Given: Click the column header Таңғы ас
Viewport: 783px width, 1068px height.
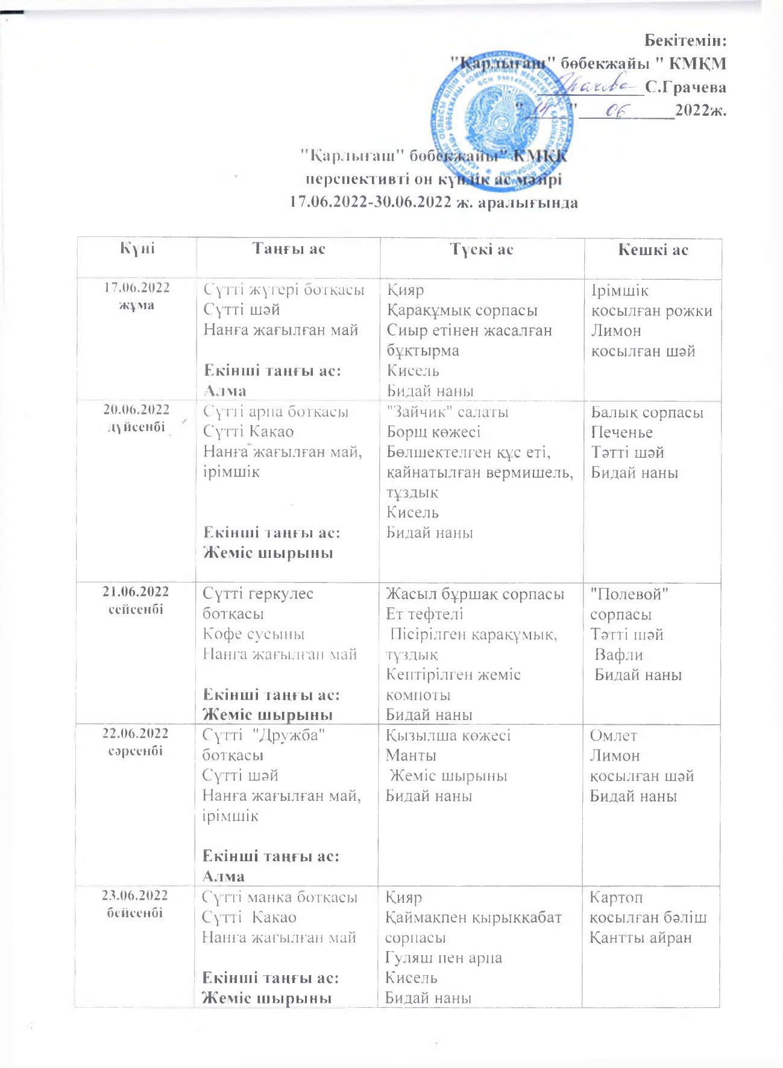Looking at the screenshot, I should point(289,248).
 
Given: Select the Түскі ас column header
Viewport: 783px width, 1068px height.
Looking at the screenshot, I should point(482,249).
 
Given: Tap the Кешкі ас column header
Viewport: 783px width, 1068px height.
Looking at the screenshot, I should point(653,250).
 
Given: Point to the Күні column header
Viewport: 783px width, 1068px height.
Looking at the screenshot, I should point(137,248).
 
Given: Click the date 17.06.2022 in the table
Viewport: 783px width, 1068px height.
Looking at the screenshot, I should point(137,288).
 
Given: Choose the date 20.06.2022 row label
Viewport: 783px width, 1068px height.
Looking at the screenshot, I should point(137,409).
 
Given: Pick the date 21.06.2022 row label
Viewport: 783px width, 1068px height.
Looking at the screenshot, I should point(136,591).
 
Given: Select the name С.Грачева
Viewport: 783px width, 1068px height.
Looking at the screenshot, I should point(685,87).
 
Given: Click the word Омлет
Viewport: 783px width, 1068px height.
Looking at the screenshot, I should point(613,735).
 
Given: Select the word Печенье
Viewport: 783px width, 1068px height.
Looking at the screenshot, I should point(621,432).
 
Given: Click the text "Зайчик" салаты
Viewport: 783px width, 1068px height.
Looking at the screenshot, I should point(447,412).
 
